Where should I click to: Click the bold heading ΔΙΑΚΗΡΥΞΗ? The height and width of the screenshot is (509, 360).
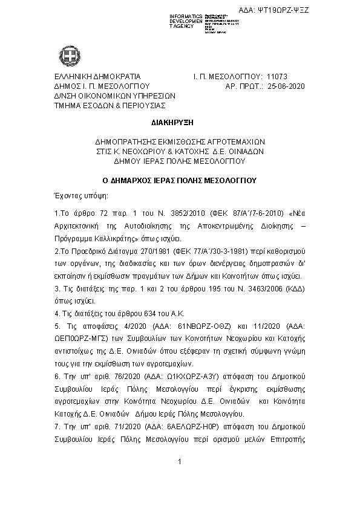click(x=180, y=123)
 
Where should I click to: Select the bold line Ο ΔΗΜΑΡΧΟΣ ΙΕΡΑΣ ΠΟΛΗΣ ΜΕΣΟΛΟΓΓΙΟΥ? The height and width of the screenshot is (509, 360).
click(x=180, y=180)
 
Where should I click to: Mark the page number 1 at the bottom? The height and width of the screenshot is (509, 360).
click(x=180, y=479)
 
